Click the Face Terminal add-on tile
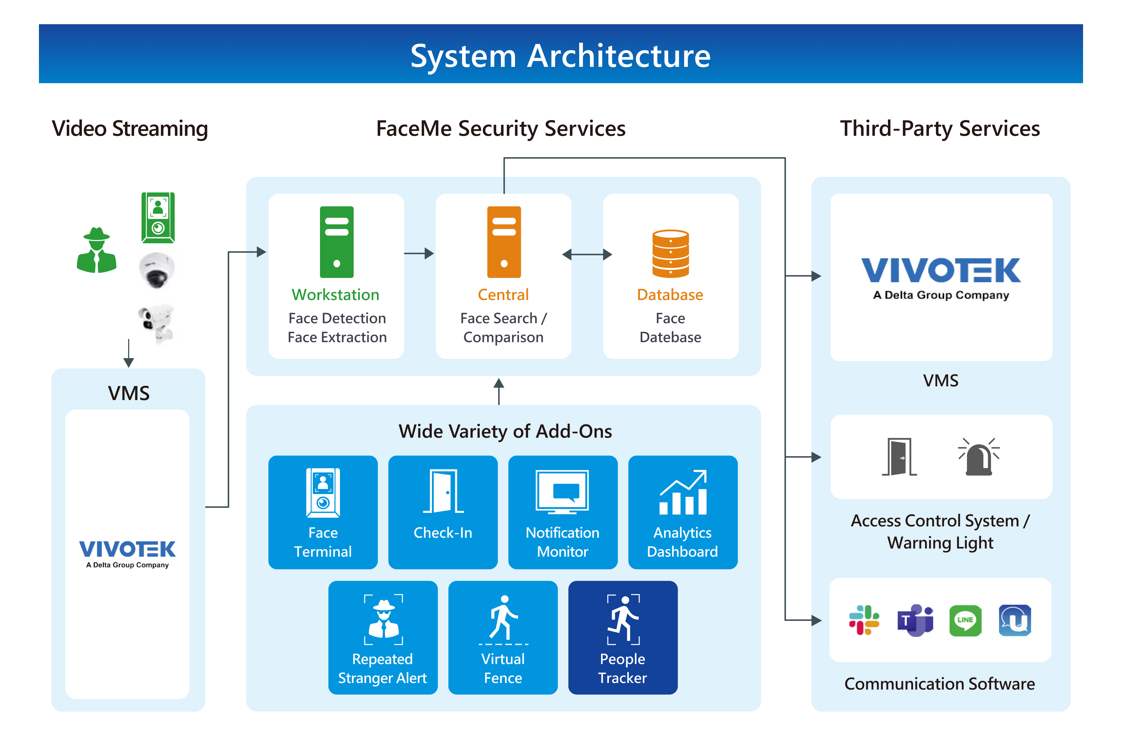[x=323, y=512]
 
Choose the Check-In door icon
[x=443, y=491]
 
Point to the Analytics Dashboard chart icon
[x=683, y=492]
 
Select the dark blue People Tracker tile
[x=623, y=637]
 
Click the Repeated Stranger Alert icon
[x=383, y=619]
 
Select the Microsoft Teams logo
[x=915, y=620]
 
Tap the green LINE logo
[x=965, y=620]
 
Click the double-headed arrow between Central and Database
[x=587, y=255]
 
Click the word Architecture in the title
[x=619, y=56]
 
